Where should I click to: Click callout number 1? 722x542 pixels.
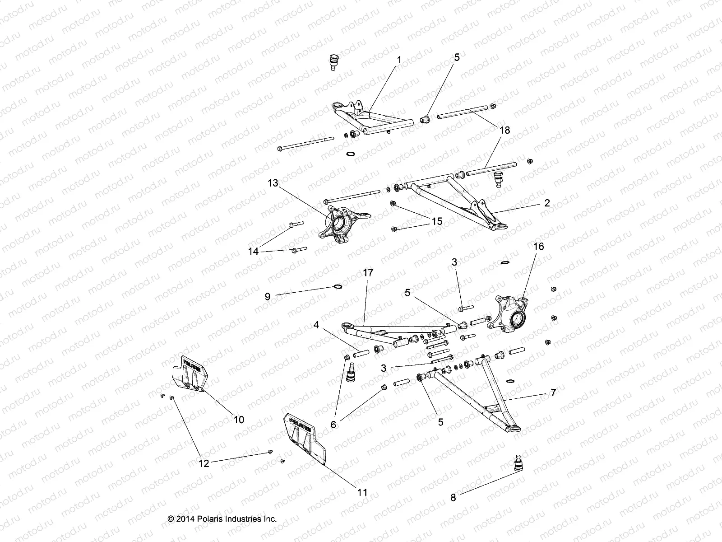[x=398, y=59]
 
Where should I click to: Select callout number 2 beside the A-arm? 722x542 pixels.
[x=547, y=203]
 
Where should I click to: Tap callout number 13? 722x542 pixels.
[x=286, y=183]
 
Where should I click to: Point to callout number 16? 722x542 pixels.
[x=539, y=247]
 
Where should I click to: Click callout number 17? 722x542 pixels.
[x=368, y=273]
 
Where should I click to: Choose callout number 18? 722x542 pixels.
[x=505, y=130]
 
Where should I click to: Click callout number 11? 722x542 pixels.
[x=362, y=492]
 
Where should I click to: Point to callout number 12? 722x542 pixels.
[x=204, y=463]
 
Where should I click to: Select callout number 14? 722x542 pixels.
[x=254, y=251]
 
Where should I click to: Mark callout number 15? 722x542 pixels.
[x=437, y=222]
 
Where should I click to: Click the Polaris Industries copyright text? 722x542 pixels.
[x=222, y=519]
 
